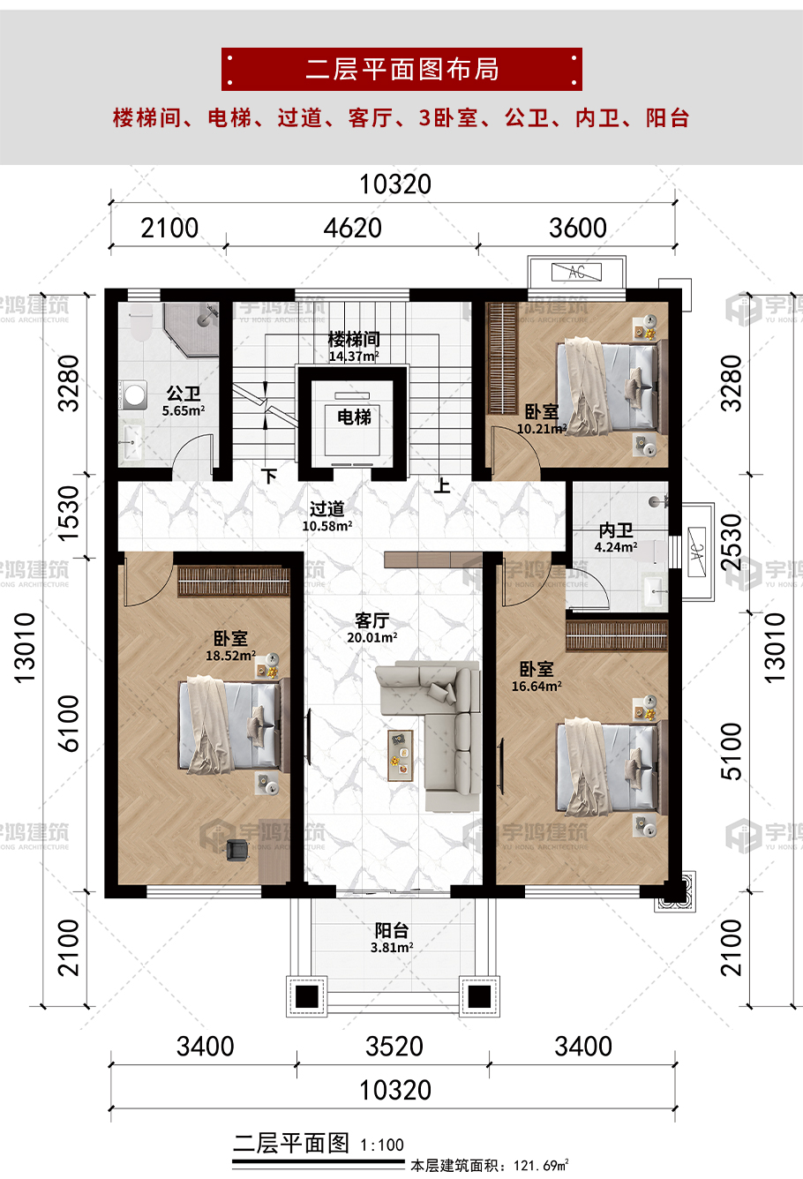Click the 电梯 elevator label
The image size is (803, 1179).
pyautogui.click(x=354, y=417)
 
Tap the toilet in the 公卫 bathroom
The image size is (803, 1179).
pyautogui.click(x=141, y=321)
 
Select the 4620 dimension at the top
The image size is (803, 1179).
pyautogui.click(x=353, y=228)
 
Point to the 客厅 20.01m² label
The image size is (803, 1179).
pyautogui.click(x=371, y=628)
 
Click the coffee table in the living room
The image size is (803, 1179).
pyautogui.click(x=401, y=755)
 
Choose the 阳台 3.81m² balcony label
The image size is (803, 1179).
pyautogui.click(x=392, y=938)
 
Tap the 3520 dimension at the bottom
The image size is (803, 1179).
pyautogui.click(x=394, y=1047)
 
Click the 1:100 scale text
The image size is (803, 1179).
pyautogui.click(x=382, y=1145)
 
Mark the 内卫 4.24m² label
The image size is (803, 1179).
pyautogui.click(x=616, y=538)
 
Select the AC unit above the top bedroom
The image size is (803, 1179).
pyautogui.click(x=577, y=272)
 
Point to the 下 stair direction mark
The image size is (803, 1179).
pyautogui.click(x=269, y=477)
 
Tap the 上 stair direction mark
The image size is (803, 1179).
pyautogui.click(x=442, y=485)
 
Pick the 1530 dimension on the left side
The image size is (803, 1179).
pyautogui.click(x=69, y=514)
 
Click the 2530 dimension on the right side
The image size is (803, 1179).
pyautogui.click(x=732, y=542)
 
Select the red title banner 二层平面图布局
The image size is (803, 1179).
pyautogui.click(x=401, y=69)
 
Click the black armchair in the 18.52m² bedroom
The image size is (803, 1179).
pyautogui.click(x=236, y=850)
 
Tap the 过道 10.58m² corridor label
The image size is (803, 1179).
pyautogui.click(x=326, y=516)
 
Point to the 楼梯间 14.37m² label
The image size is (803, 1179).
pyautogui.click(x=354, y=347)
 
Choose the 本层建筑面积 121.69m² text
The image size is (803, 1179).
pyautogui.click(x=490, y=1166)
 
